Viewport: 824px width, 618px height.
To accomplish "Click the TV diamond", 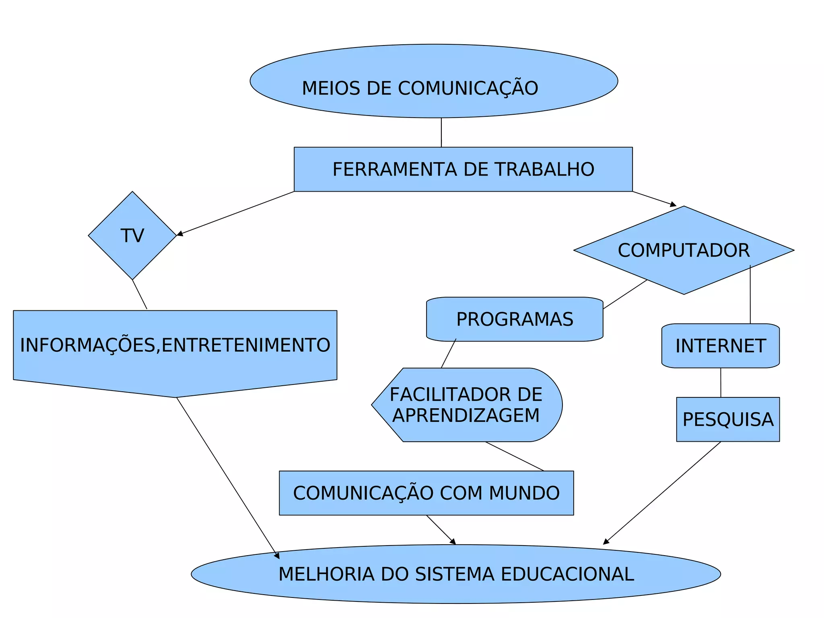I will [132, 236].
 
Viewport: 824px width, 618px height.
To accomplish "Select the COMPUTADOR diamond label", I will [684, 250].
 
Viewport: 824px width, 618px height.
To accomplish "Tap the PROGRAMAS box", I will [515, 319].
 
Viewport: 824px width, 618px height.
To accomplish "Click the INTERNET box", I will [720, 346].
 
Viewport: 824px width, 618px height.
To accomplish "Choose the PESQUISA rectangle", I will [728, 420].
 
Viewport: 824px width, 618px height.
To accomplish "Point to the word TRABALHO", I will [544, 169].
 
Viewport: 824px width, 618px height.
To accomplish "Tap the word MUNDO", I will [524, 493].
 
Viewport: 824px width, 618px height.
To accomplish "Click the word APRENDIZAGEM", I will [466, 415].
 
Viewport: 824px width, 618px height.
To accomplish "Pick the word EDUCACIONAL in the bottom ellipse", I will [567, 574].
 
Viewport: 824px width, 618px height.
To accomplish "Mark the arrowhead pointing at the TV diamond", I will [180, 234].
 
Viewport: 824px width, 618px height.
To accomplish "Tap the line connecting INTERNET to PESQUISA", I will [721, 382].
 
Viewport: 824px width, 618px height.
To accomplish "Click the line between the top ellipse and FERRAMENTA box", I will [441, 132].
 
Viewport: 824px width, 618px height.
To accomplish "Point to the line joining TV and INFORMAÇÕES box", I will [140, 294].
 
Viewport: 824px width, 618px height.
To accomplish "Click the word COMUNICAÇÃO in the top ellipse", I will [468, 89].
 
